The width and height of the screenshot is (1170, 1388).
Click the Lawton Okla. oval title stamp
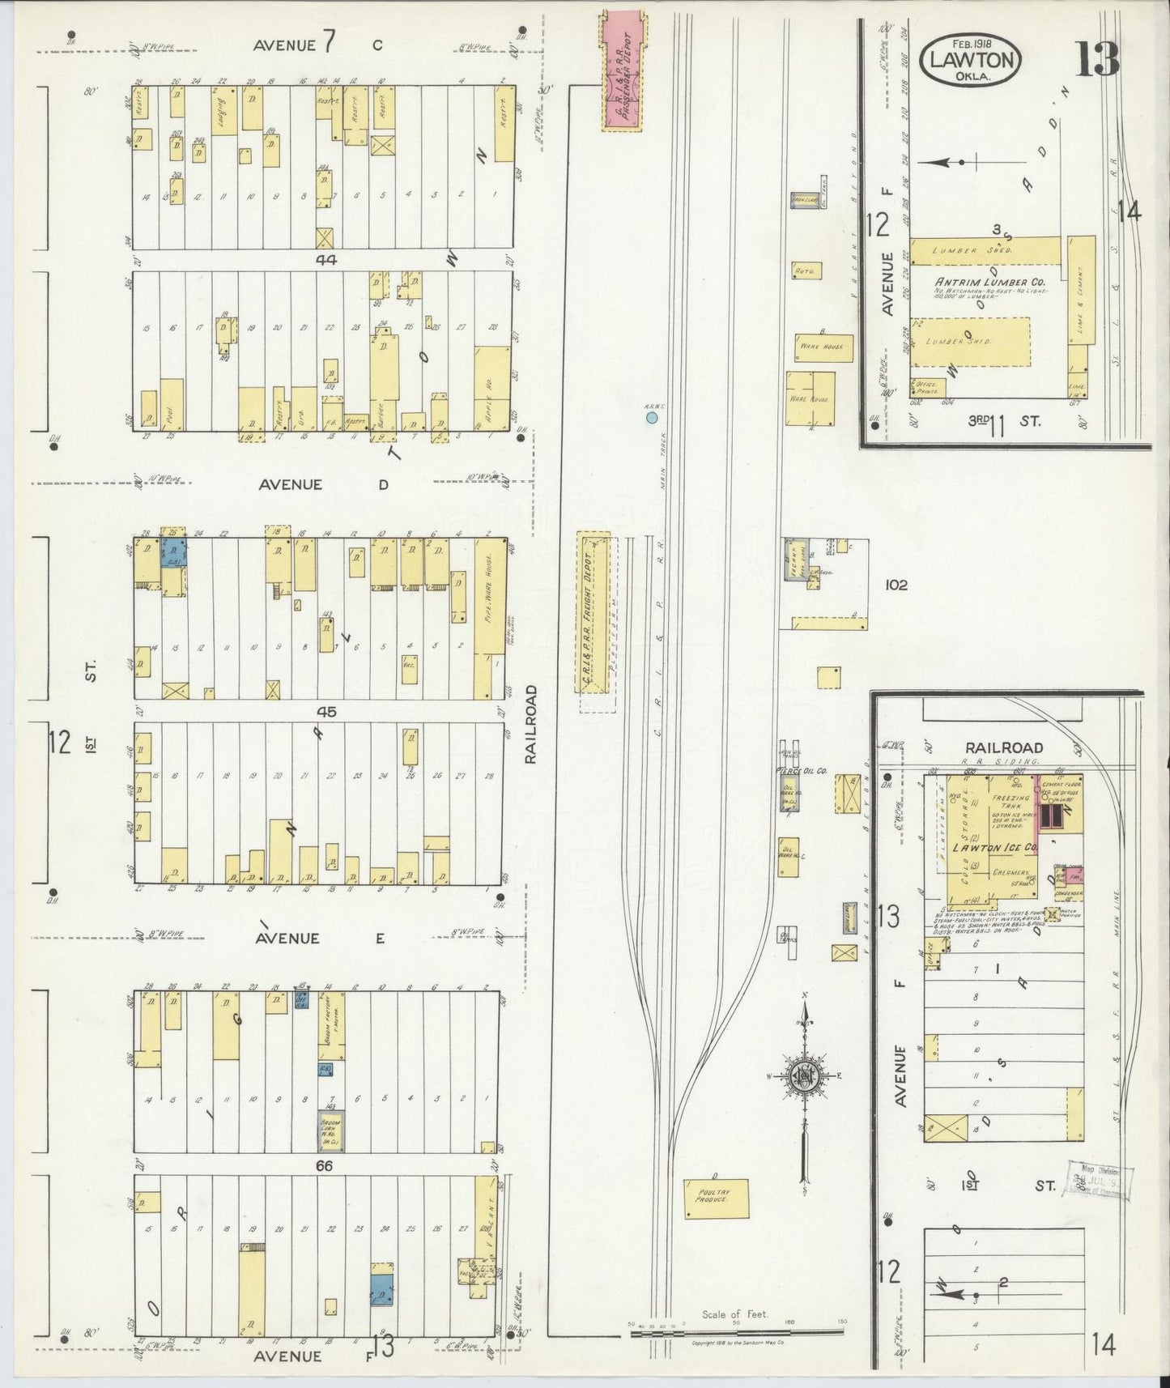tap(970, 58)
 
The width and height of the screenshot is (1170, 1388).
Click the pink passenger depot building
tap(623, 77)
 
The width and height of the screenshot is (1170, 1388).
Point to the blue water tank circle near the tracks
tap(651, 418)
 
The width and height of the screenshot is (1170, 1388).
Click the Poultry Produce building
tap(716, 1199)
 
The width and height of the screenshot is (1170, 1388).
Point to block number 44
tap(326, 259)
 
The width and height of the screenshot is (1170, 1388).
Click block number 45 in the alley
tap(326, 712)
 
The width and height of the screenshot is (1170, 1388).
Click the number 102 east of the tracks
tap(896, 584)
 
